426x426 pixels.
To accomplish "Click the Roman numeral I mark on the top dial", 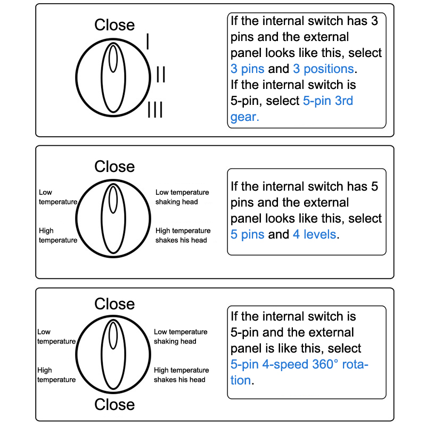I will [x=148, y=42].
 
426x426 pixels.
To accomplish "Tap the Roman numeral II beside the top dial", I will [x=160, y=75].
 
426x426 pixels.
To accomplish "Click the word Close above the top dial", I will [x=114, y=25].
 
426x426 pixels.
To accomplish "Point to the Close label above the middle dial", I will [x=114, y=167].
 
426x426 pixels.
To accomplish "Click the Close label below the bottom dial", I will [x=114, y=404].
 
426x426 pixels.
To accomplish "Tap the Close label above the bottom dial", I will [x=114, y=304].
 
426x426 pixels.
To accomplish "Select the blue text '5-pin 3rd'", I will [x=327, y=101].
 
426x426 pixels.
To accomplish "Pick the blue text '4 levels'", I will [x=314, y=234].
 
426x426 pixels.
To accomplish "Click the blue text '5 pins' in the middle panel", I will [x=247, y=234].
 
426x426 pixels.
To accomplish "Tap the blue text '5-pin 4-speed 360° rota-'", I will [x=299, y=365].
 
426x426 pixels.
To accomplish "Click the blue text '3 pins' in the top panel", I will [x=247, y=69].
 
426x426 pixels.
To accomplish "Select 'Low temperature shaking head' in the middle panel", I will [x=182, y=197].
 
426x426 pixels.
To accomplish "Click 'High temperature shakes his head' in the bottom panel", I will [x=181, y=375].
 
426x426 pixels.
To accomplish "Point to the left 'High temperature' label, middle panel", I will [x=58, y=235].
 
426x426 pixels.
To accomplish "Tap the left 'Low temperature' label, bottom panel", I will [x=56, y=337].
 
